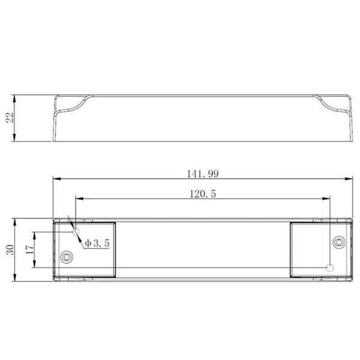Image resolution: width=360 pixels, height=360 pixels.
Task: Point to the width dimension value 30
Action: tap(10, 250)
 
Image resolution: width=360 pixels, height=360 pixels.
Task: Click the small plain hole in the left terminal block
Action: tap(76, 232)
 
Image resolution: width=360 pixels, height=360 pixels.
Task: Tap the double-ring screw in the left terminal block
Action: tap(67, 257)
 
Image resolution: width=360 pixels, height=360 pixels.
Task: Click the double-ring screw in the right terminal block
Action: tap(338, 242)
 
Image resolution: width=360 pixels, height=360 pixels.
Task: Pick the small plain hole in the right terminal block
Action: tap(329, 267)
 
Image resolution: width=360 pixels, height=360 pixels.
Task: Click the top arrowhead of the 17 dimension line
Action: tap(35, 235)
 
